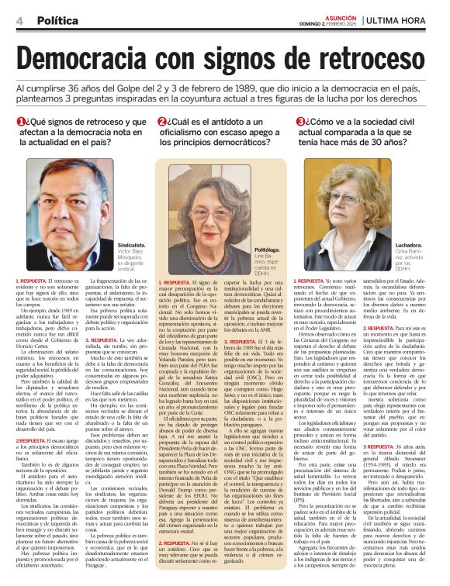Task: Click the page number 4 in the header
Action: pyautogui.click(x=19, y=20)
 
